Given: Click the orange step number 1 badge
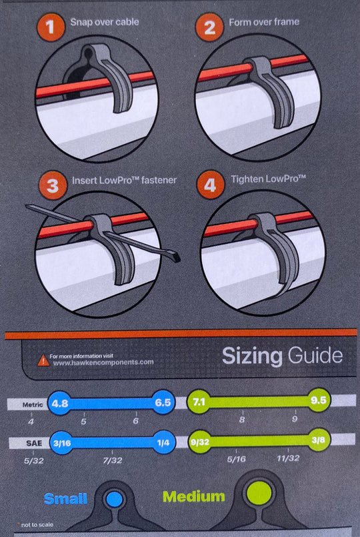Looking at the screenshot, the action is click(51, 27).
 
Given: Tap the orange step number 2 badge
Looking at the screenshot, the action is click(209, 27).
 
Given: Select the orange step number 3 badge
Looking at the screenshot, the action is click(53, 186).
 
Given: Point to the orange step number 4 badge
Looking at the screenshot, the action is click(210, 185).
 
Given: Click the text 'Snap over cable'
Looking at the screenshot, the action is click(105, 22).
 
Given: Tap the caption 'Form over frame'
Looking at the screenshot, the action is click(264, 22).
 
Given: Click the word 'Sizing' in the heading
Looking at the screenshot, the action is click(252, 356).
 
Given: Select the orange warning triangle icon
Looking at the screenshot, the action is click(43, 360).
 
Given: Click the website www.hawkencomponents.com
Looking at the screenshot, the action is click(103, 362).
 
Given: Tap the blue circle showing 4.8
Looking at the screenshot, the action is click(60, 402).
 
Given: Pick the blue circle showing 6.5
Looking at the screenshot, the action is click(163, 402).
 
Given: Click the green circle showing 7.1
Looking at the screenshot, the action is click(199, 401).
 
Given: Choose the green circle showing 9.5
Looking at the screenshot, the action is click(318, 400).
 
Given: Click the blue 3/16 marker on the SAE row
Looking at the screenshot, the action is click(62, 443).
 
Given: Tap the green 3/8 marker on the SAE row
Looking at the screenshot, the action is click(318, 440).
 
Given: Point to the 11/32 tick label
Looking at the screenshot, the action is click(288, 458).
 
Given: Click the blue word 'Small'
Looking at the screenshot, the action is click(65, 498).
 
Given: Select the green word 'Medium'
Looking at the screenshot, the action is click(193, 496).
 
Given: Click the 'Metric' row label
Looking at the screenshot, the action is click(33, 404).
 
